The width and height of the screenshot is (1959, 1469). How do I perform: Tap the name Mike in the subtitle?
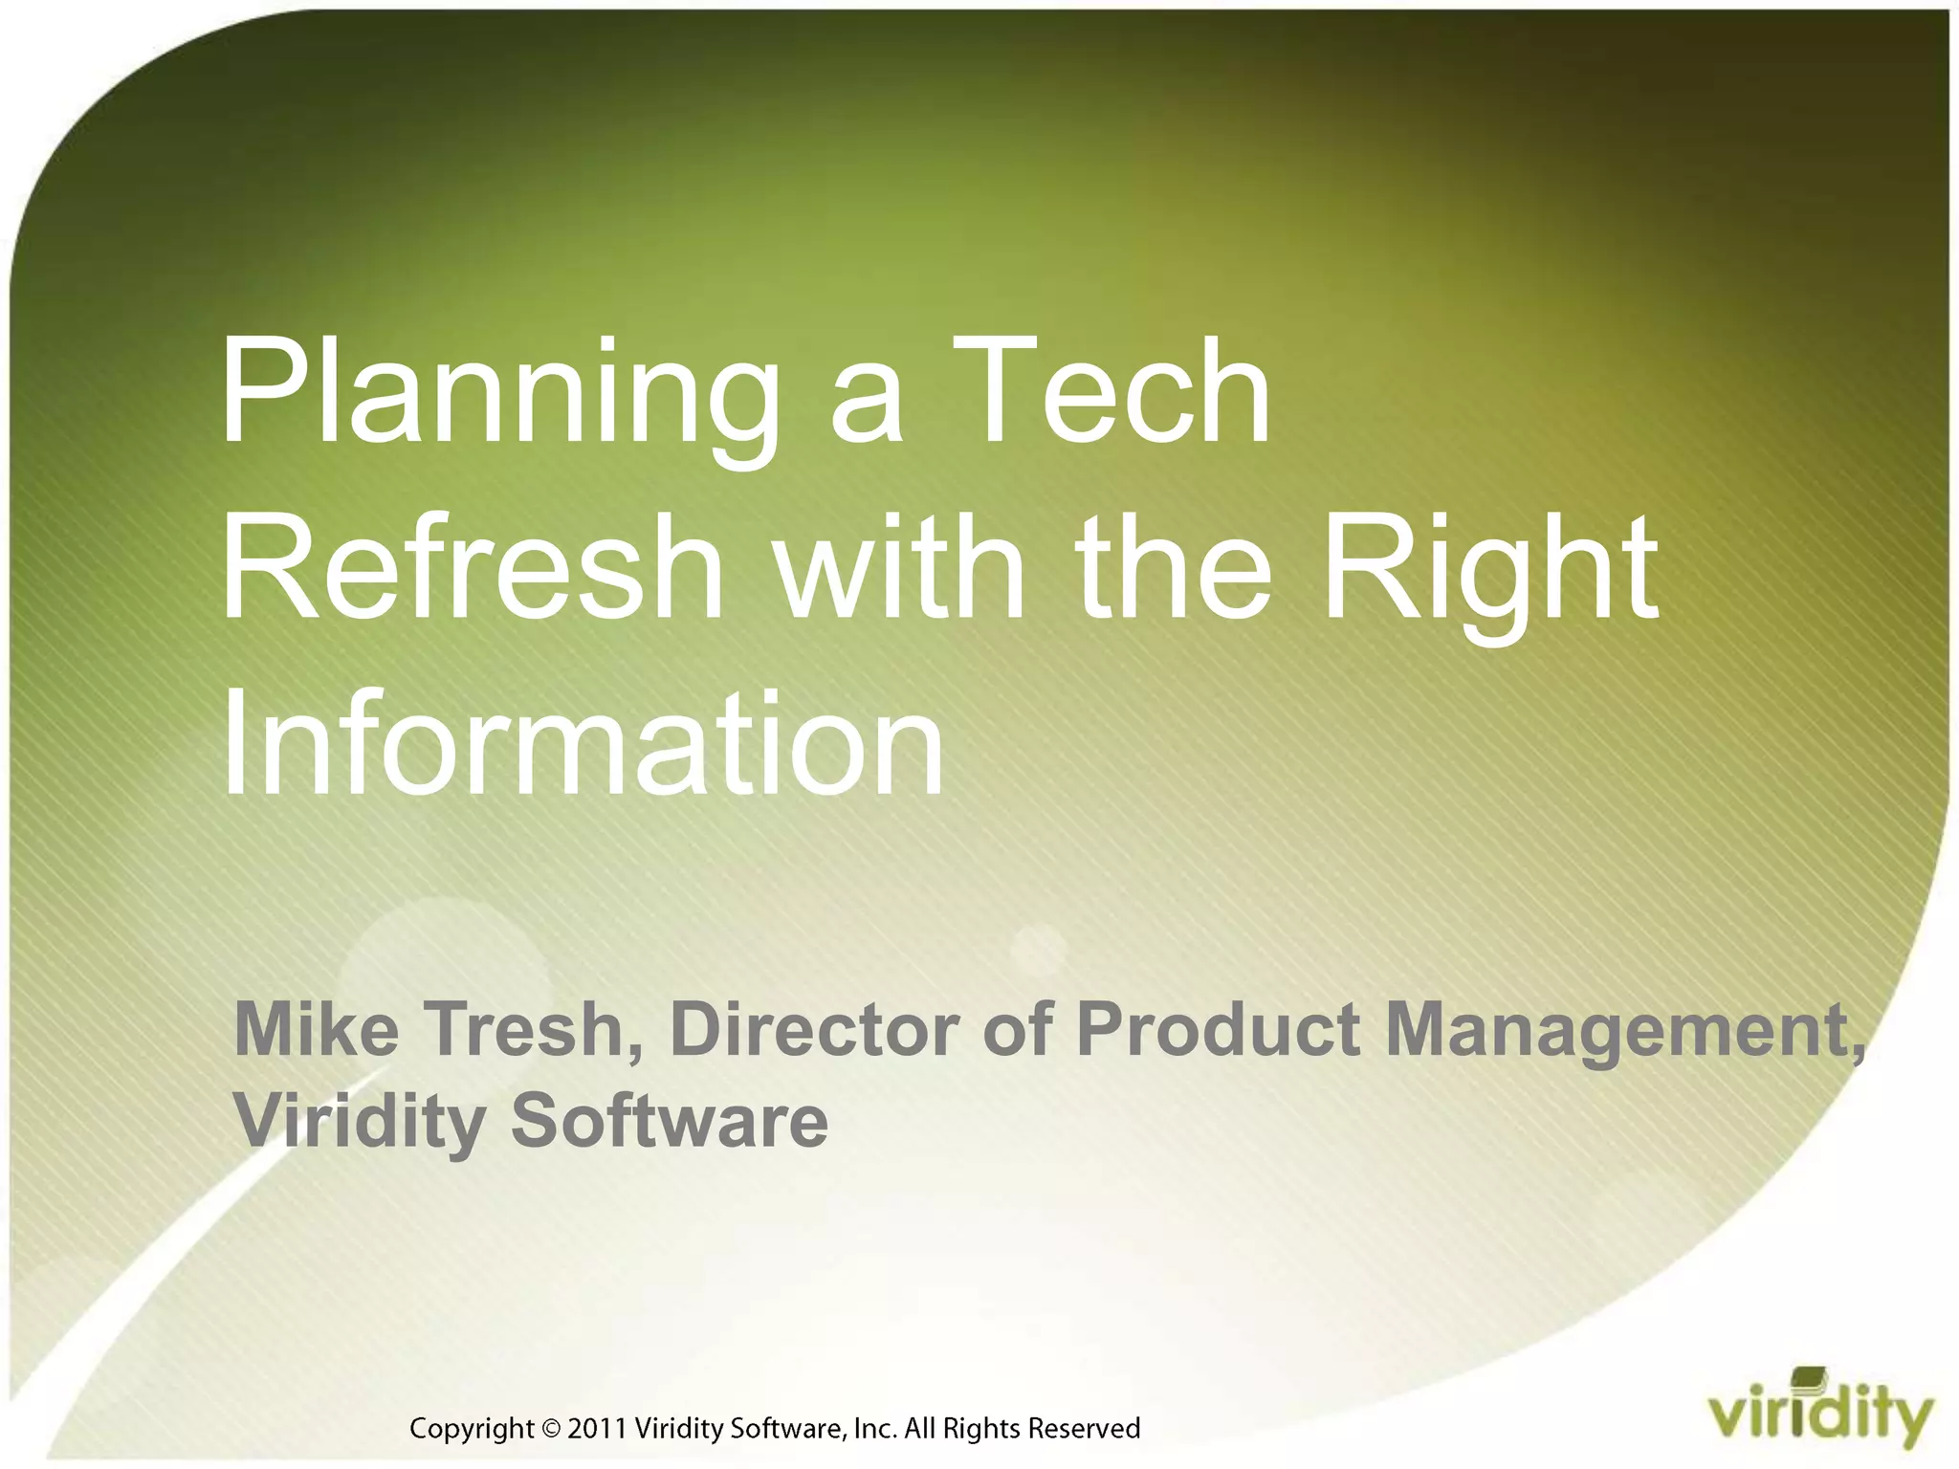(x=317, y=1029)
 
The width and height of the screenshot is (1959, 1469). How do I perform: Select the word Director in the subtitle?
(x=814, y=1029)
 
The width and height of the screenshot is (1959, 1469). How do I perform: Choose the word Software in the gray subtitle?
(x=670, y=1121)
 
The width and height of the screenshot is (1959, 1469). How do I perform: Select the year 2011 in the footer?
(x=597, y=1429)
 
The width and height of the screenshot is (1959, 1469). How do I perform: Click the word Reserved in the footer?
(x=1084, y=1429)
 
